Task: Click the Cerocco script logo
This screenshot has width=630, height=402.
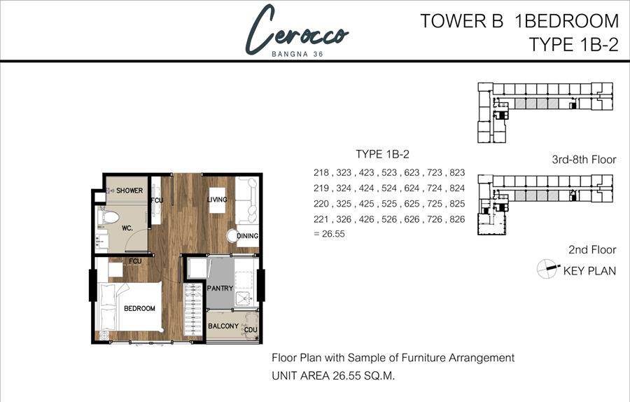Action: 297,30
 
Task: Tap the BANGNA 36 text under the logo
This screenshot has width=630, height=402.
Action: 297,54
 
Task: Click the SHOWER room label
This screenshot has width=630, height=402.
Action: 129,190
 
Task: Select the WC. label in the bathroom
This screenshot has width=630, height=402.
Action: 127,228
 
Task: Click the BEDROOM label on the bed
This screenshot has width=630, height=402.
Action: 139,308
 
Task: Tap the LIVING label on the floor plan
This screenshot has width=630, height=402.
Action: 217,200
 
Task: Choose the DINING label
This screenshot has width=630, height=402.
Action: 248,236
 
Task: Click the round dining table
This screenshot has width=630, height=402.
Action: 232,236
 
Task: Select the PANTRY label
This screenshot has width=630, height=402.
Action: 220,289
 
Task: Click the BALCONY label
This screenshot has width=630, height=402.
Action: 223,326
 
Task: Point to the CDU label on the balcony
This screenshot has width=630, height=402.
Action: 251,330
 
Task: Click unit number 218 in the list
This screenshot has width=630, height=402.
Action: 321,173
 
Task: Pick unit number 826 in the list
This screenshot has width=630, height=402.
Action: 457,219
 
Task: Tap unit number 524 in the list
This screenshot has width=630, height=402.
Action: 389,188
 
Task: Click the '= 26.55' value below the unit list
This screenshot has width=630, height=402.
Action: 329,234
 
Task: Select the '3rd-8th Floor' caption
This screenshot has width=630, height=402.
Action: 584,160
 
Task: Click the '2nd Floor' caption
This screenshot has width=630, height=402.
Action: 592,249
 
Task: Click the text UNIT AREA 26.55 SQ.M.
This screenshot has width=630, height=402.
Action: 333,376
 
